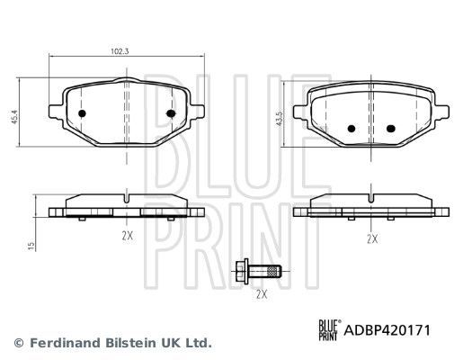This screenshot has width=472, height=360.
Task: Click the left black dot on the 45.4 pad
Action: tap(82, 114)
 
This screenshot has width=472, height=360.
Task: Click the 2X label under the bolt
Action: tap(262, 294)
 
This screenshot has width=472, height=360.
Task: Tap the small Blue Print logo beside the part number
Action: tap(328, 330)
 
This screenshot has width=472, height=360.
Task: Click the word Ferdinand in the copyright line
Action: tap(57, 343)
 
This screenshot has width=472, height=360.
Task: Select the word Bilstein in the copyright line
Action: tap(120, 343)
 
